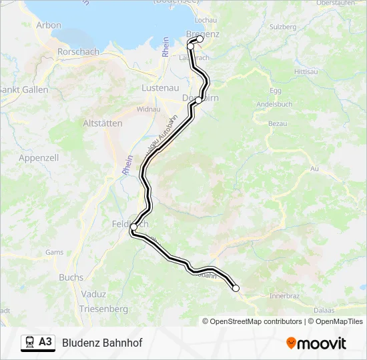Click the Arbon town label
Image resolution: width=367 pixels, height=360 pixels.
[x=49, y=25]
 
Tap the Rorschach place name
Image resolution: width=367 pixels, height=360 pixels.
[x=79, y=51]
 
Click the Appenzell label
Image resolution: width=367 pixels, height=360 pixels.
[x=39, y=158]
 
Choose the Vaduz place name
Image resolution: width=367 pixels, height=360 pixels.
[x=93, y=294]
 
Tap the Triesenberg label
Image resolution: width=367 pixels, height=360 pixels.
[x=103, y=309]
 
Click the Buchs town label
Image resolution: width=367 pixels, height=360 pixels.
[x=71, y=277]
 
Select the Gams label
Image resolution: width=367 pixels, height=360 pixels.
[x=54, y=253]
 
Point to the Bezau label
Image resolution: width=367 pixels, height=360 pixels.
[x=278, y=123]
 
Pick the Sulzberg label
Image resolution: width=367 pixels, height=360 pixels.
[x=282, y=27]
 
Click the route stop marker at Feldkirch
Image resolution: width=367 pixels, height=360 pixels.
[x=133, y=227]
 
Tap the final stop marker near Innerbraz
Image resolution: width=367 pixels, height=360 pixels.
[x=236, y=288]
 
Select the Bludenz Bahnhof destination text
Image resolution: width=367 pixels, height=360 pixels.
[x=102, y=343]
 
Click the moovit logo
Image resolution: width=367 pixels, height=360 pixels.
[x=316, y=343]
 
